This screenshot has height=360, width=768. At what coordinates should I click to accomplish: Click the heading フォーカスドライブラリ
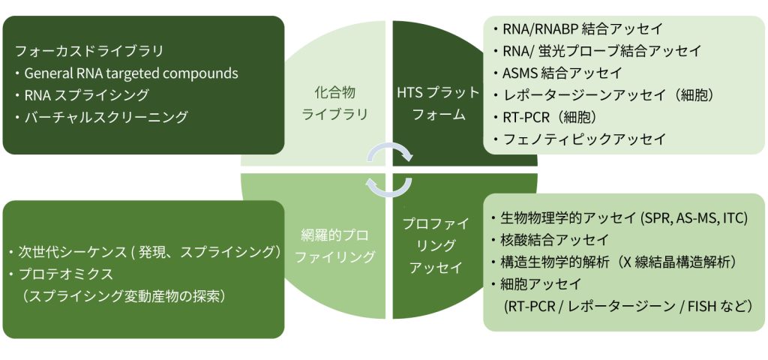[89, 52]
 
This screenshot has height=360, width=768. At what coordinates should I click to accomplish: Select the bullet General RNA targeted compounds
[130, 73]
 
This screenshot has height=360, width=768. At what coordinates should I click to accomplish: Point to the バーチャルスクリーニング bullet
[105, 117]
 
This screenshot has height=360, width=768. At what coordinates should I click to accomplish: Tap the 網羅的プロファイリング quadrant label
[334, 245]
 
